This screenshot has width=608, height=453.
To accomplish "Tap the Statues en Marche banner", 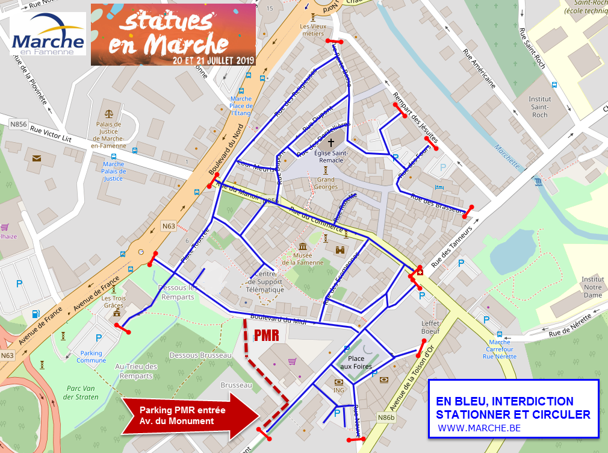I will (x=173, y=34).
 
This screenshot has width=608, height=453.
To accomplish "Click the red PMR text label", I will (x=265, y=336).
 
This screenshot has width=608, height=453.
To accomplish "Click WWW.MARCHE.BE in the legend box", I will (x=479, y=428).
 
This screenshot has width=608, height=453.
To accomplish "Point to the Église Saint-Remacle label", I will (x=330, y=157).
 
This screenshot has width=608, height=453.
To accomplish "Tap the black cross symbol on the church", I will (x=330, y=143).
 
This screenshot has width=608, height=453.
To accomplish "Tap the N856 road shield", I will (x=19, y=123).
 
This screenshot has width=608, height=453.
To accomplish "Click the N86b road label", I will (x=386, y=417).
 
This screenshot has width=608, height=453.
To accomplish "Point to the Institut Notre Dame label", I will (x=592, y=287).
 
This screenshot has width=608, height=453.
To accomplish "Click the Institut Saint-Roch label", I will (x=539, y=107).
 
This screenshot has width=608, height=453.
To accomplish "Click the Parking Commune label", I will (x=91, y=357).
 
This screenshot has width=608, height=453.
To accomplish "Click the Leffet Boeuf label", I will (x=431, y=327).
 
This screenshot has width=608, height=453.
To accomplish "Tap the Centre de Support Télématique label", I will (x=265, y=283).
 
